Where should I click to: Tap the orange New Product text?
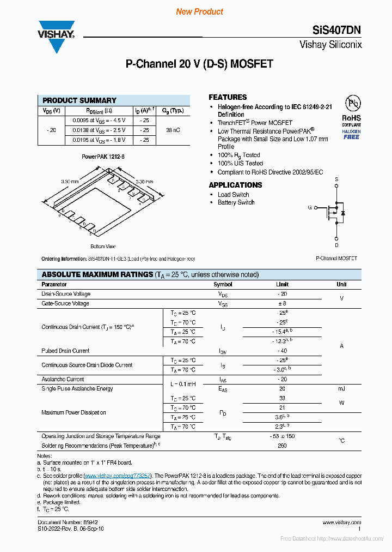tap(199, 11)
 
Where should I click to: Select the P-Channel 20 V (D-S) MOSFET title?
tap(199, 64)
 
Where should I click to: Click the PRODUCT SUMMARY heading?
tap(79, 100)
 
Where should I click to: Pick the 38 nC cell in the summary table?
tap(173, 130)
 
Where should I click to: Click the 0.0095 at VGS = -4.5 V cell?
tap(95, 120)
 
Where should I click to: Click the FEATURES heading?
tap(228, 97)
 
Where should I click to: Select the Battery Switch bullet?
tap(236, 202)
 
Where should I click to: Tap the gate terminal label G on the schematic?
tap(310, 207)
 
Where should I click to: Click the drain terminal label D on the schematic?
tap(336, 245)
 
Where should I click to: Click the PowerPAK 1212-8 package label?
tap(103, 157)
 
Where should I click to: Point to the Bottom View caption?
tap(103, 247)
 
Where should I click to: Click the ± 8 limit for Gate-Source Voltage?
tap(283, 303)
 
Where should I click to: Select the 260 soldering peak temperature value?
tap(283, 446)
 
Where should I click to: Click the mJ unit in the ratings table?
tap(341, 388)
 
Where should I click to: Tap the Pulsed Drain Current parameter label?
tap(65, 351)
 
